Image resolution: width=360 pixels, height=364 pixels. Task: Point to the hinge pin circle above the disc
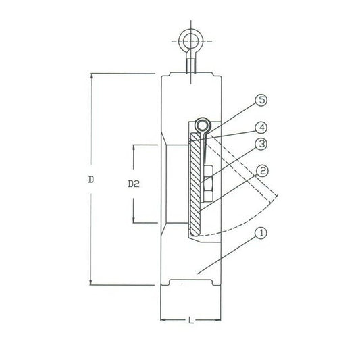(x=201, y=126)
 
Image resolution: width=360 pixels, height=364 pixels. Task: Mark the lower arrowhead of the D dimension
(x=91, y=286)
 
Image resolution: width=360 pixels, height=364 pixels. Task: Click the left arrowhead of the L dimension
(x=162, y=318)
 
